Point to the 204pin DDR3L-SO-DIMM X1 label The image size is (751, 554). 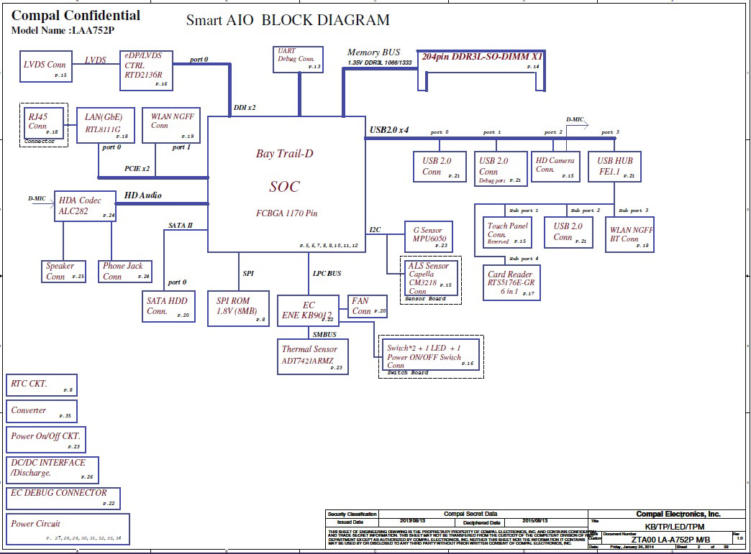(x=482, y=57)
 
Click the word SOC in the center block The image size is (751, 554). (x=284, y=186)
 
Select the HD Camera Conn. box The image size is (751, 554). (x=555, y=167)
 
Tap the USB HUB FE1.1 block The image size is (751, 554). (x=614, y=167)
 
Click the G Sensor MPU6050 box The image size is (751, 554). (x=428, y=236)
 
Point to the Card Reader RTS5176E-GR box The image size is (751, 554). (x=510, y=282)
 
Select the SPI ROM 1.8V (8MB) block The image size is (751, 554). (x=237, y=308)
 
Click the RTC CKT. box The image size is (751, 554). (x=41, y=385)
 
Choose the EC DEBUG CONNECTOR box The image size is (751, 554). (x=63, y=498)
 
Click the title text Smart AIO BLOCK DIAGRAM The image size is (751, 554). (x=288, y=20)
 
